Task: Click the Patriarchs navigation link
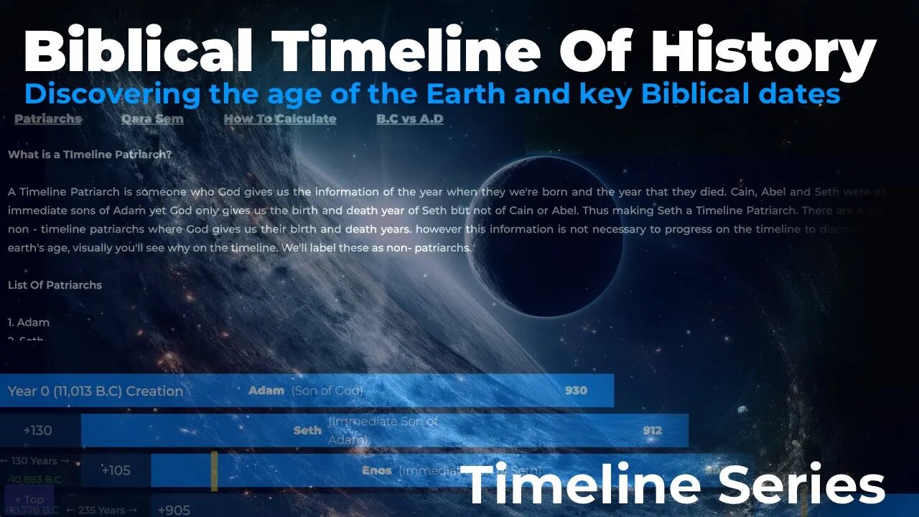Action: tap(48, 119)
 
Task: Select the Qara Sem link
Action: tap(152, 119)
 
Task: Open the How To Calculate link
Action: tap(279, 119)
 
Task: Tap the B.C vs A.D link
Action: tap(409, 119)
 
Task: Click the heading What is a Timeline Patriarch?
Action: tap(89, 154)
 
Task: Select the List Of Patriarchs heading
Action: tap(55, 285)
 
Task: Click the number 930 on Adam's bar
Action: tap(576, 391)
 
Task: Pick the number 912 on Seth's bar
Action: tap(653, 431)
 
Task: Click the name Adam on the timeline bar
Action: tap(266, 391)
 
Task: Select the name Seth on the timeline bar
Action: tap(307, 431)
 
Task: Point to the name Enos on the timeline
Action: tap(377, 471)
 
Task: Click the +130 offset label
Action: tap(37, 431)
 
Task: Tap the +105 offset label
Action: tap(116, 471)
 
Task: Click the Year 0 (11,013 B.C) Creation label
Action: tap(95, 391)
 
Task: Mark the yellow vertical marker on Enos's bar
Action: tap(214, 471)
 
